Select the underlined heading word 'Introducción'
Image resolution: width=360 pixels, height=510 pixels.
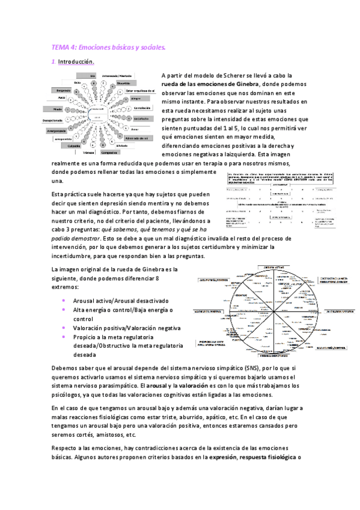pos(76,62)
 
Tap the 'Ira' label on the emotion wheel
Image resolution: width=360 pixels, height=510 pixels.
pos(93,76)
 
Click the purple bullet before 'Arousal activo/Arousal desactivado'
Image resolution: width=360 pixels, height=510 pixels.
pos(64,301)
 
